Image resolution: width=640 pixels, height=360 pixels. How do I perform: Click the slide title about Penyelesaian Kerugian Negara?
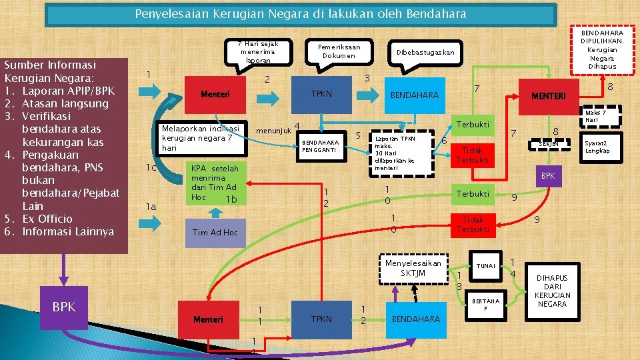pos(301,14)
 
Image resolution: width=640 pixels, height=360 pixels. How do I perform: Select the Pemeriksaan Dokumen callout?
pos(339,51)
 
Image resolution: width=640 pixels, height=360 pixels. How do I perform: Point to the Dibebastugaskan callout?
pos(425,52)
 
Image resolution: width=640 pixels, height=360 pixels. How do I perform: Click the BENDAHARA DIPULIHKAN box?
pos(603,50)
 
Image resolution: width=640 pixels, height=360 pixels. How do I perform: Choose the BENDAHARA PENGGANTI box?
pos(321,146)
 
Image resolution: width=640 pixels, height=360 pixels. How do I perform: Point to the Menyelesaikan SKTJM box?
pos(413,268)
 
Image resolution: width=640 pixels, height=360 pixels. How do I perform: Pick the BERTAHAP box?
pos(485,305)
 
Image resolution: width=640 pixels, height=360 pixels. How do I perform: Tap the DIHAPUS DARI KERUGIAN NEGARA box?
pos(552,291)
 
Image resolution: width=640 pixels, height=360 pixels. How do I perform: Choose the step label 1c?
pos(152,167)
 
